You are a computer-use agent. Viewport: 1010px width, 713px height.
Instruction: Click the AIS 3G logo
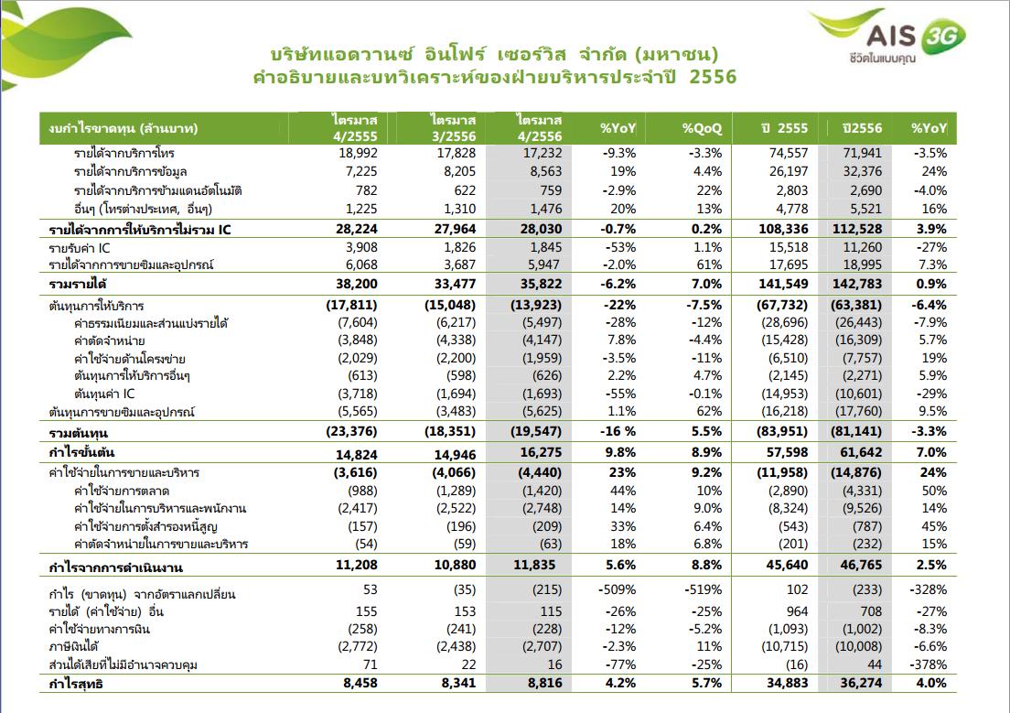click(x=888, y=36)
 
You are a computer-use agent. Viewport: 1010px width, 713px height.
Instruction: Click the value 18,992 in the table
click(x=358, y=154)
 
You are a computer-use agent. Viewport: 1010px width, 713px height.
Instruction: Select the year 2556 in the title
click(x=713, y=78)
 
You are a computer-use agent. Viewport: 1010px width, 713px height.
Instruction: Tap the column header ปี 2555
click(x=784, y=128)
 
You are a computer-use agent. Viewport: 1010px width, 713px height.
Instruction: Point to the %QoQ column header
click(x=702, y=128)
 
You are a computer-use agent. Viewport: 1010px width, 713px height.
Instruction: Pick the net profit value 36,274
click(x=861, y=684)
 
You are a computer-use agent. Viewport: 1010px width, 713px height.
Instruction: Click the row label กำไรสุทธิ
click(x=76, y=684)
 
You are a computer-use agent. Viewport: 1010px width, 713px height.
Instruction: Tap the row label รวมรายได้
click(x=77, y=285)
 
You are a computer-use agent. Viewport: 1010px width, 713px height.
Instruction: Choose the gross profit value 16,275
click(x=541, y=452)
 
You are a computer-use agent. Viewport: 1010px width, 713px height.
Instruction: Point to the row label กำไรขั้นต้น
click(x=81, y=452)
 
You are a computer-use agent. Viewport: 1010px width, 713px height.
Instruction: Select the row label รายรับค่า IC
click(x=80, y=248)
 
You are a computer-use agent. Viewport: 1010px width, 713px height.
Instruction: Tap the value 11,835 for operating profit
click(x=534, y=566)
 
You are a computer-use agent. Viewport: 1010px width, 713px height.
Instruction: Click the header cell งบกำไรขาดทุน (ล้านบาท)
click(x=123, y=128)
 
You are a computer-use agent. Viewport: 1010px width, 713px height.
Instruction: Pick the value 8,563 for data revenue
click(x=545, y=171)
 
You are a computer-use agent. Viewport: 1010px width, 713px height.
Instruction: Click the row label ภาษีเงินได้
click(x=73, y=646)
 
